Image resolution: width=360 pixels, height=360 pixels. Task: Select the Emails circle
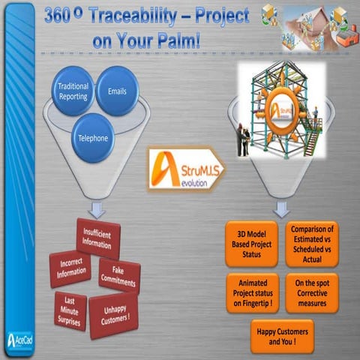coord(117,90)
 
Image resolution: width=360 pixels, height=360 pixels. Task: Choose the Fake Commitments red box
coord(117,275)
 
